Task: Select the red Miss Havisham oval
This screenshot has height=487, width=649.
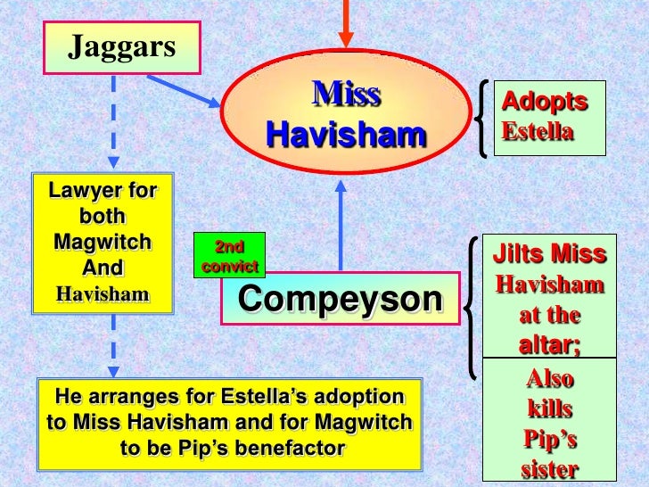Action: click(x=346, y=113)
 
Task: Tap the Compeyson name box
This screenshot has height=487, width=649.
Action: click(x=341, y=300)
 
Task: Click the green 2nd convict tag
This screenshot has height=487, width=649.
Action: click(x=230, y=254)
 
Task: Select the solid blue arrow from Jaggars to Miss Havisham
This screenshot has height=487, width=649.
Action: click(x=183, y=91)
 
